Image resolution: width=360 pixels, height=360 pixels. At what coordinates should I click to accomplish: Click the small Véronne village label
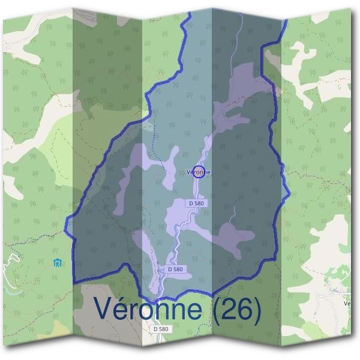[199, 172]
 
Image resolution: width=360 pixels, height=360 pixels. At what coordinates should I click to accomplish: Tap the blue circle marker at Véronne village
[200, 171]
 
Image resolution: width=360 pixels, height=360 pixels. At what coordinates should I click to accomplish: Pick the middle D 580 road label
[175, 269]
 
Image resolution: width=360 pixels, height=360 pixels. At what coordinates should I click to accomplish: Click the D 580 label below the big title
[161, 329]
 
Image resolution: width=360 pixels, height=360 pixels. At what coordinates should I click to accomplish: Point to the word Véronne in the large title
[148, 310]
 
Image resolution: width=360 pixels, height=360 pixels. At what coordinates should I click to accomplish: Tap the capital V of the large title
[104, 310]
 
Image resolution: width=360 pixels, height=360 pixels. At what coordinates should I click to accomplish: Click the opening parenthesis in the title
[212, 310]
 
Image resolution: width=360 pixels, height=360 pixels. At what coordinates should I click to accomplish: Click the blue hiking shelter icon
[58, 262]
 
